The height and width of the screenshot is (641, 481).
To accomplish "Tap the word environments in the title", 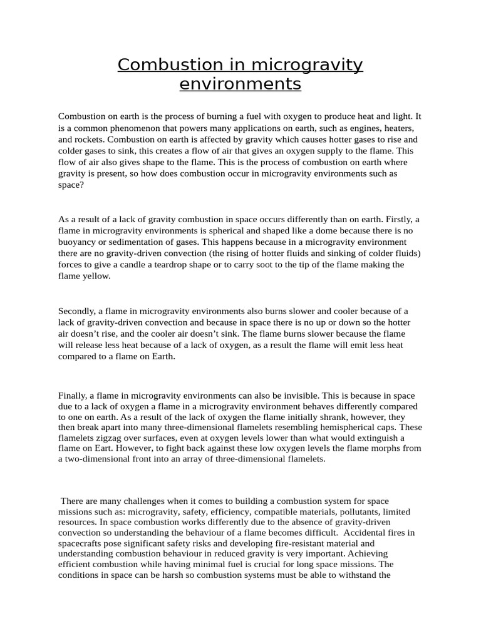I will [240, 83].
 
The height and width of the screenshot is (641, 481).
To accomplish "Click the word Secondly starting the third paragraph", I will [78, 310].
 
